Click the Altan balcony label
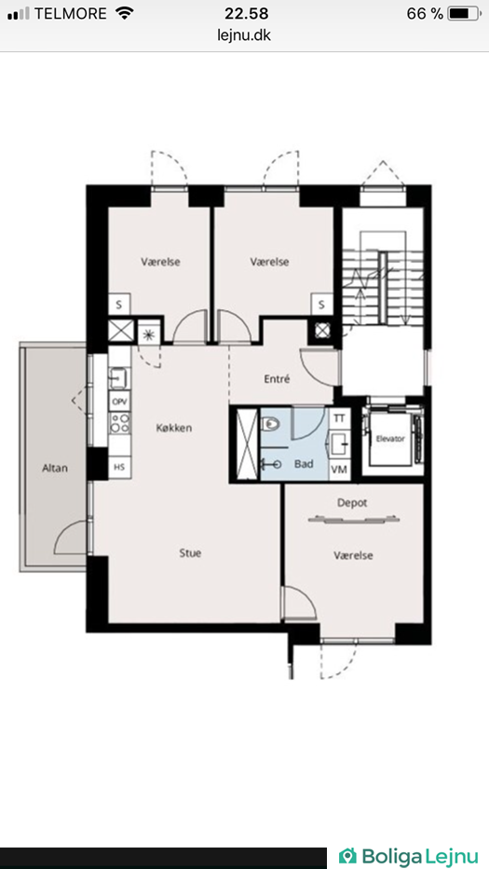[55, 468]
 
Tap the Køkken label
[174, 428]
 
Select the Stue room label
[190, 552]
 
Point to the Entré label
[278, 380]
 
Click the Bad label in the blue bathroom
[304, 464]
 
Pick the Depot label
[353, 503]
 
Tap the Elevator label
[390, 439]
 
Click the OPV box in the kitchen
[119, 401]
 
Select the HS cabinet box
[119, 468]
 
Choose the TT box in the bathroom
[339, 418]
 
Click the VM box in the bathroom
[339, 470]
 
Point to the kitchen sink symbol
[118, 378]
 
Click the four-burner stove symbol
[119, 424]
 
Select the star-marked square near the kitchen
[148, 333]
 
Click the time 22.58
[246, 14]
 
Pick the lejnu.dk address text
[244, 34]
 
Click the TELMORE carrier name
[71, 14]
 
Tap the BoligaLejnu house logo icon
[347, 856]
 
